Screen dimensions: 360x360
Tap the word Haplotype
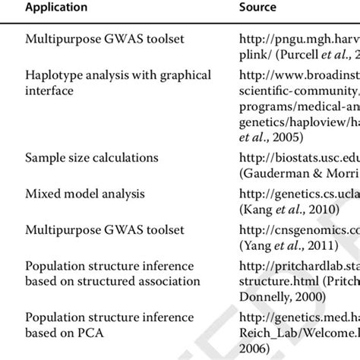coord(52,75)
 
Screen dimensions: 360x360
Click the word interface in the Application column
coord(50,90)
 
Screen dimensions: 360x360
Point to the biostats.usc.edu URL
coord(297,157)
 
